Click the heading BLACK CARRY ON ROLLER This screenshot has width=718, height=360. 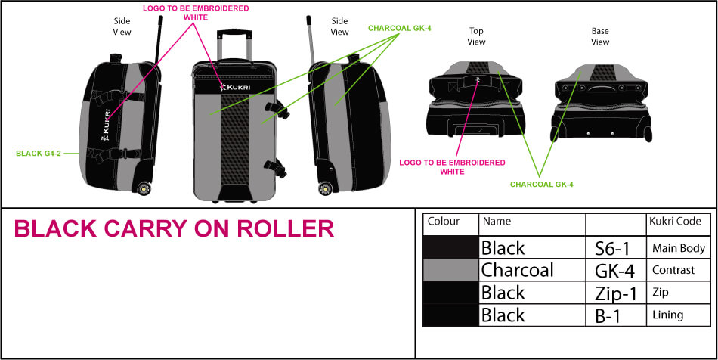174,229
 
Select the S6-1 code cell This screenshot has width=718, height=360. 608,248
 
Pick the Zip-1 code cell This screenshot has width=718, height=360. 609,293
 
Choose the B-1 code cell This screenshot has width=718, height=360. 608,315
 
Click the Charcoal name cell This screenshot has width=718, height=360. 517,270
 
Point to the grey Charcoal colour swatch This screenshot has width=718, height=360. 450,270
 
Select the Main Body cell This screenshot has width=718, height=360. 677,248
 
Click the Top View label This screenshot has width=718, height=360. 476,36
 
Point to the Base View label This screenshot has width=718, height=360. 600,36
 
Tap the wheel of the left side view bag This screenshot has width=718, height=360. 143,188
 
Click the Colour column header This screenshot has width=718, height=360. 444,222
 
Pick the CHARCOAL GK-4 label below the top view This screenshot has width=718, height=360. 542,183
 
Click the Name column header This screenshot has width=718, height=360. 497,222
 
